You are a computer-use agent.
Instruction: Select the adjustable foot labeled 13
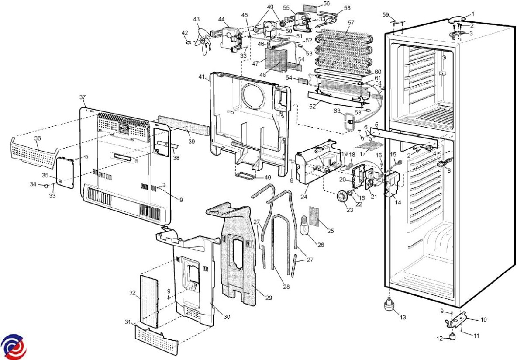tap(388, 305)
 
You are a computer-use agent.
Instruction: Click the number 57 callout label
tap(351, 22)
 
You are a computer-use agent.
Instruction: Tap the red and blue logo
tap(13, 346)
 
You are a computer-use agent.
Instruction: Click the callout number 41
tap(201, 77)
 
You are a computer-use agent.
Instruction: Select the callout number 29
tap(269, 298)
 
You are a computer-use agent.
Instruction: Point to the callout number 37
tap(83, 97)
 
